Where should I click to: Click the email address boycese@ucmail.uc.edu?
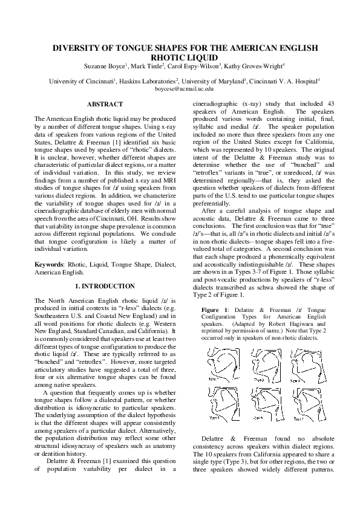pyautogui.click(x=180, y=88)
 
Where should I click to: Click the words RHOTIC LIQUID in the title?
pyautogui.click(x=180, y=57)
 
